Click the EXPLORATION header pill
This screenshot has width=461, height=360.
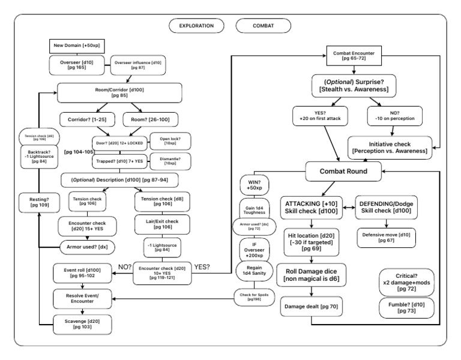point(196,25)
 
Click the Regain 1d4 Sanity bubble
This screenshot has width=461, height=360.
point(253,272)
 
